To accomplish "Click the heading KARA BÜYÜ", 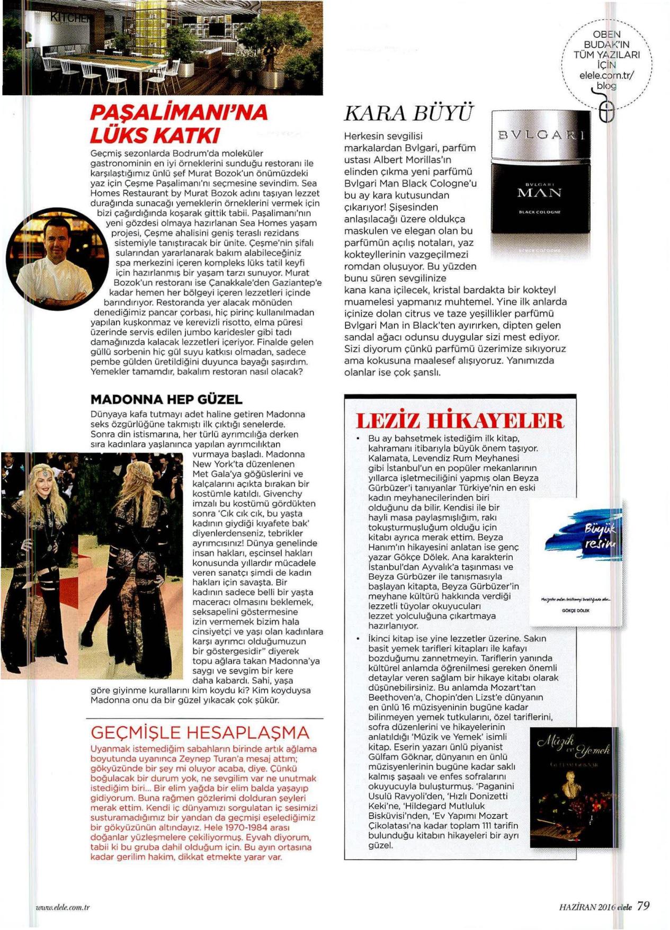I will click(407, 113).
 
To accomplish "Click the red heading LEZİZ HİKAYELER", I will click(460, 420).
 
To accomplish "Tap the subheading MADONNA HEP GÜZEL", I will click(166, 399).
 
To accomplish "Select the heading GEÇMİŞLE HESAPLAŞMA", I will click(200, 732).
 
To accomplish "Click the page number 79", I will click(643, 906).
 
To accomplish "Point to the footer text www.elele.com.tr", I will click(62, 907).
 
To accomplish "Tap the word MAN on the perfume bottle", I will click(539, 193).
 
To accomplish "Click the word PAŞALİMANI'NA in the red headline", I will click(179, 112).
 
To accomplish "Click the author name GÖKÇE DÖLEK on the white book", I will click(575, 611).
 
